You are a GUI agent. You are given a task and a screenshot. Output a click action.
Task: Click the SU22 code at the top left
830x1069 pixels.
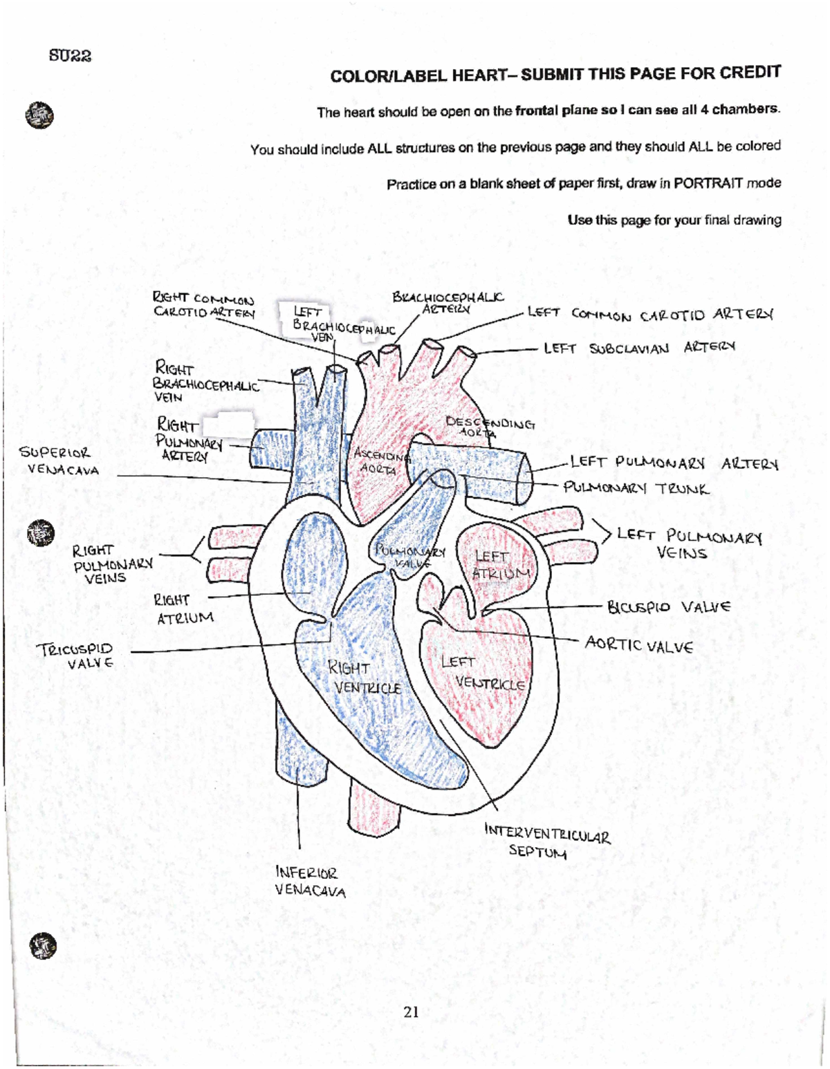pyautogui.click(x=70, y=55)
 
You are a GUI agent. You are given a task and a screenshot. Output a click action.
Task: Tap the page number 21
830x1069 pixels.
pyautogui.click(x=412, y=1012)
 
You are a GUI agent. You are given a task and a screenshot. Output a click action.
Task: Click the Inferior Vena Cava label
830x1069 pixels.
pyautogui.click(x=310, y=882)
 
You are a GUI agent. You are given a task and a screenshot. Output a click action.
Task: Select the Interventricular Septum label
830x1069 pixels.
pyautogui.click(x=546, y=840)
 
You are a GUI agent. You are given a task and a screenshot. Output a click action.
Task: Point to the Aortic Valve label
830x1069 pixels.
pyautogui.click(x=638, y=645)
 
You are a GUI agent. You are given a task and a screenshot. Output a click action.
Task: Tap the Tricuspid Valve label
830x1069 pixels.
pyautogui.click(x=76, y=656)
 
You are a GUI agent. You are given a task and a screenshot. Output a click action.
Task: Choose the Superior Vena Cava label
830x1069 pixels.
pyautogui.click(x=59, y=461)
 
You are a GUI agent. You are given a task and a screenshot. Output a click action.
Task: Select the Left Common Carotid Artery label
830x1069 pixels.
pyautogui.click(x=649, y=315)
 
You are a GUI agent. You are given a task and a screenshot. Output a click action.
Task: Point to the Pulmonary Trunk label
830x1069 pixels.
pyautogui.click(x=636, y=488)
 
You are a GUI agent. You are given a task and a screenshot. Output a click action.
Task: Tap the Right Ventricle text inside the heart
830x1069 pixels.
pyautogui.click(x=362, y=678)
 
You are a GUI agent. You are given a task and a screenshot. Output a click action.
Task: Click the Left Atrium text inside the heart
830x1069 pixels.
pyautogui.click(x=499, y=565)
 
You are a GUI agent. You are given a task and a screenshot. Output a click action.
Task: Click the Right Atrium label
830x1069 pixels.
pyautogui.click(x=183, y=608)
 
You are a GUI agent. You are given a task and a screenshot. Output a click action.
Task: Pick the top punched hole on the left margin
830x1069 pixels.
pyautogui.click(x=39, y=115)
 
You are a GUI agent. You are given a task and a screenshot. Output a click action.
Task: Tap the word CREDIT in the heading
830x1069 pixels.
pyautogui.click(x=750, y=73)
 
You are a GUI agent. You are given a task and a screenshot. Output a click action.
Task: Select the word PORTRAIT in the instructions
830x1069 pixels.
pyautogui.click(x=708, y=183)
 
